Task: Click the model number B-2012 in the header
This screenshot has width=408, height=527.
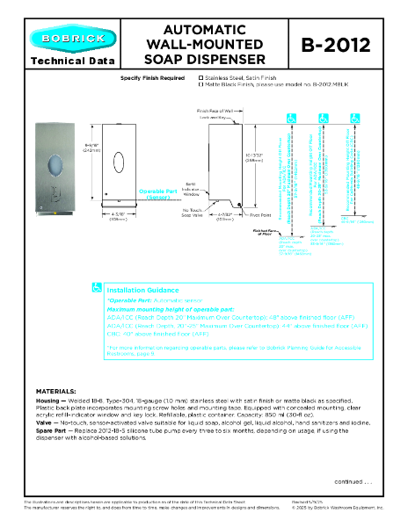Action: [x=337, y=43]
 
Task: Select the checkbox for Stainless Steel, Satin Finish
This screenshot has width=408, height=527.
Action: [x=201, y=78]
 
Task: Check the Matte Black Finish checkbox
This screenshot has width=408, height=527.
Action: [x=201, y=85]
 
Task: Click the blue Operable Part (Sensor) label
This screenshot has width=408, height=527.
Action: [x=158, y=196]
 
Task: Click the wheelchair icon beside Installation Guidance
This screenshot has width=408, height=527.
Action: [x=98, y=286]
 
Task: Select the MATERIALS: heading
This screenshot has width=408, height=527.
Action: [x=61, y=388]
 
